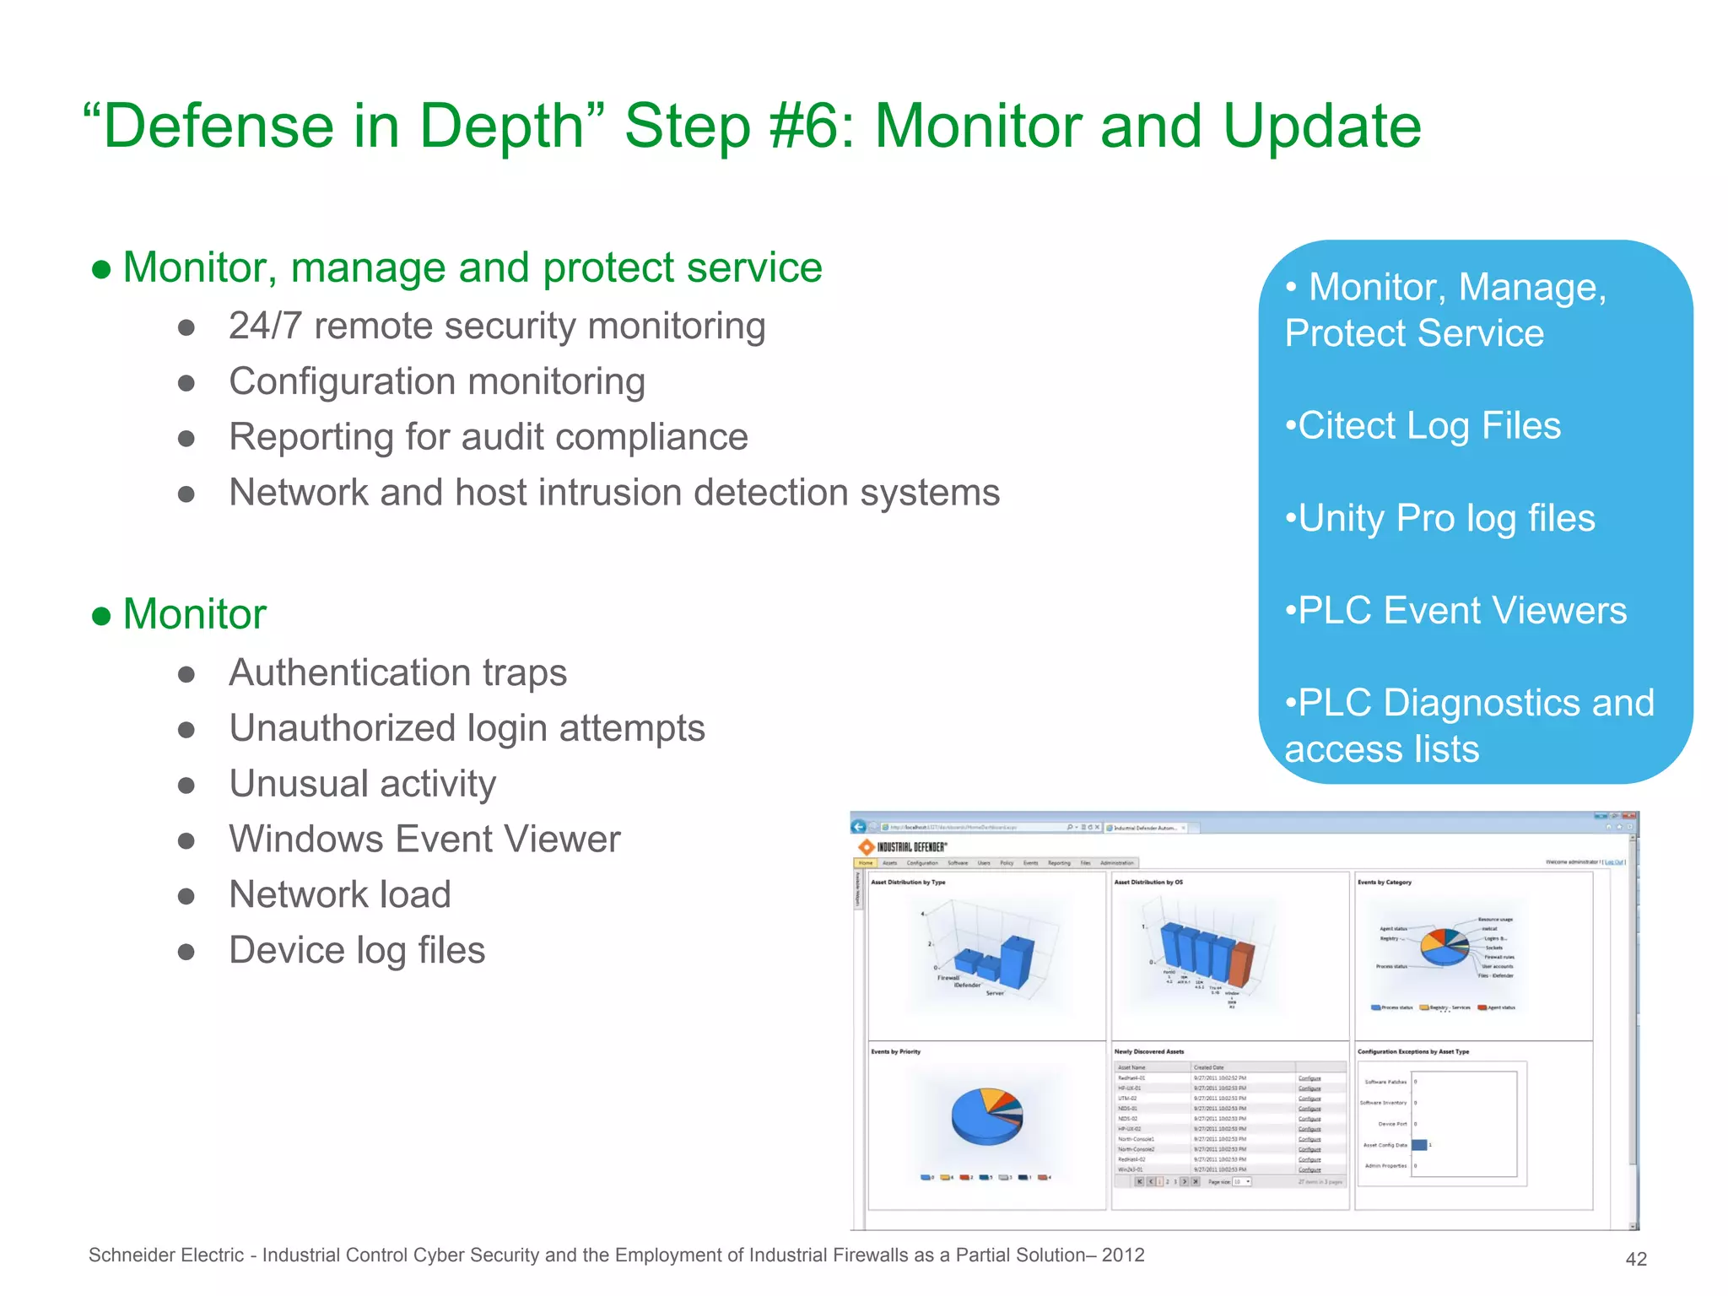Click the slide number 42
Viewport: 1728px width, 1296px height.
point(1635,1259)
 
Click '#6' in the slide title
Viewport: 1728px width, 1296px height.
point(811,127)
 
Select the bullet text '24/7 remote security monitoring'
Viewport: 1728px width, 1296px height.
point(496,326)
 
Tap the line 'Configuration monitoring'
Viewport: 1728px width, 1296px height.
point(436,381)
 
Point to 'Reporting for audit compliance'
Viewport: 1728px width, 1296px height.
point(488,437)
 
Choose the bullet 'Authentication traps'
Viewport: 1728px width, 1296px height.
point(397,672)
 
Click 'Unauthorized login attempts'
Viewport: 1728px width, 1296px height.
point(467,728)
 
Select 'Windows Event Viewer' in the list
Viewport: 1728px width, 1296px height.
point(424,840)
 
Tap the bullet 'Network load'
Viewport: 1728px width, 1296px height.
point(339,894)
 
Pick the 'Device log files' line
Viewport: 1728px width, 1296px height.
point(357,950)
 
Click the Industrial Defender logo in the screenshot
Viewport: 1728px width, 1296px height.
point(903,846)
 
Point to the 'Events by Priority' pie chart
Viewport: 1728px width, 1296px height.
point(986,1115)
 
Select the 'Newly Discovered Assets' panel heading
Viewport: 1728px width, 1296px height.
point(1148,1051)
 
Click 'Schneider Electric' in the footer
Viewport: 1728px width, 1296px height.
point(166,1255)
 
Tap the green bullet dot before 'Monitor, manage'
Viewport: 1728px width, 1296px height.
point(101,269)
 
